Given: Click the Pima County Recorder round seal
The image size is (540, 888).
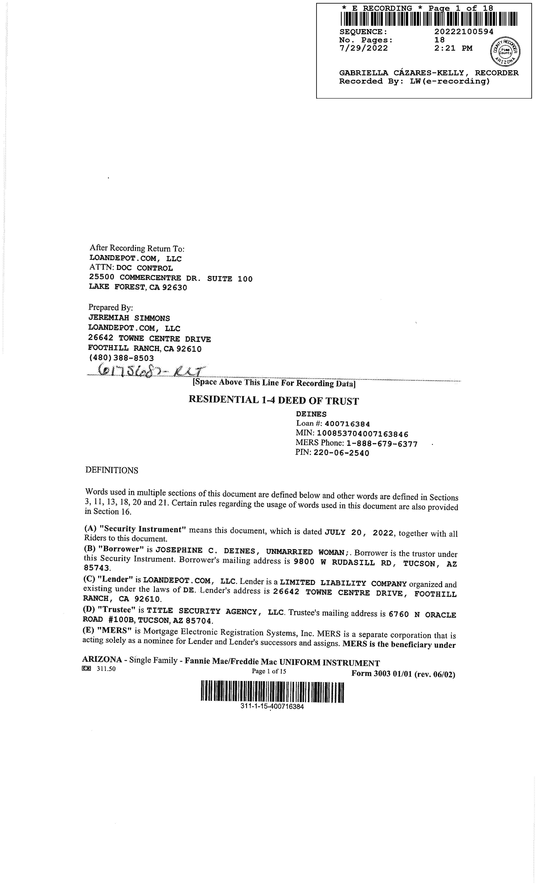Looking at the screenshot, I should coord(505,51).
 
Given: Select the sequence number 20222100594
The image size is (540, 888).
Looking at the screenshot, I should coord(464,32).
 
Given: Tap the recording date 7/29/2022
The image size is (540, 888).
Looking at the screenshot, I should coord(363,48).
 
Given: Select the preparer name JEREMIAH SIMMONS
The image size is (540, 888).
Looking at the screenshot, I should coord(129,318).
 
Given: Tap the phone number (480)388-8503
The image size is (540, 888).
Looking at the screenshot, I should coord(121,359).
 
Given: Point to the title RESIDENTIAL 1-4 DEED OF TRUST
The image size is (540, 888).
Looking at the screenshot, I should coord(274,400).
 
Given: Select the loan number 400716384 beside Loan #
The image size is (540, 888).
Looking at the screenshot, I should coord(347,424).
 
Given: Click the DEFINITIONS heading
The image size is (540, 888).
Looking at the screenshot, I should coord(112,470).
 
